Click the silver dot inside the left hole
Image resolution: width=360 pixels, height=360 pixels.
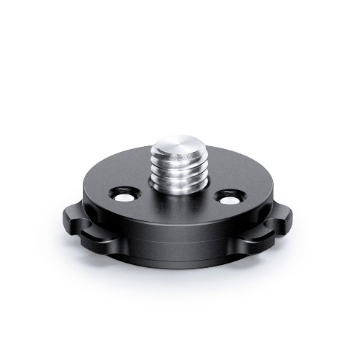124,196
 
